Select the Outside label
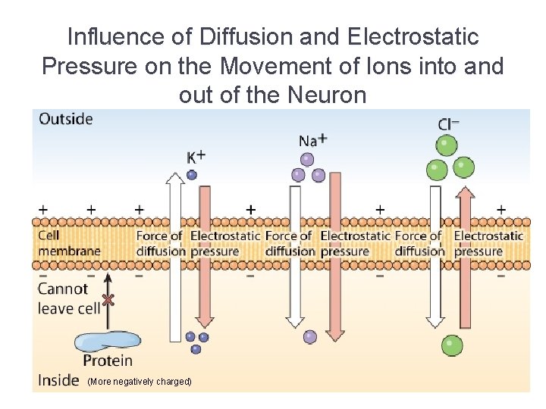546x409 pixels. (x=66, y=119)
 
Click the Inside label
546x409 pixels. (x=58, y=379)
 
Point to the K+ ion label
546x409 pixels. (x=196, y=158)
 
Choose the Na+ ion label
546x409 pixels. (x=312, y=140)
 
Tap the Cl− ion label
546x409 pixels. (x=448, y=123)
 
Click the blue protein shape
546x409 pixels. (x=105, y=341)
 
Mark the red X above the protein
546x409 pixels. (x=108, y=300)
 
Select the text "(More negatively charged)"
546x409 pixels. (x=140, y=382)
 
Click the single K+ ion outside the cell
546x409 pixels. (x=192, y=174)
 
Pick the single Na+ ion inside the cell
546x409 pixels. (x=309, y=337)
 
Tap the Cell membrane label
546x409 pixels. (x=68, y=243)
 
